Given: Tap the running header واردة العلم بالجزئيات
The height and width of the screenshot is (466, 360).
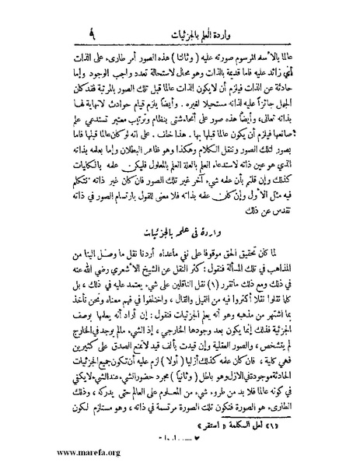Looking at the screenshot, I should [180, 16].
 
